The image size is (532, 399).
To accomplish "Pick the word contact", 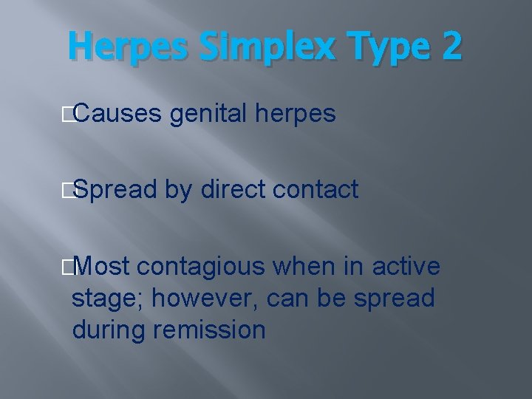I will tap(316, 190).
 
